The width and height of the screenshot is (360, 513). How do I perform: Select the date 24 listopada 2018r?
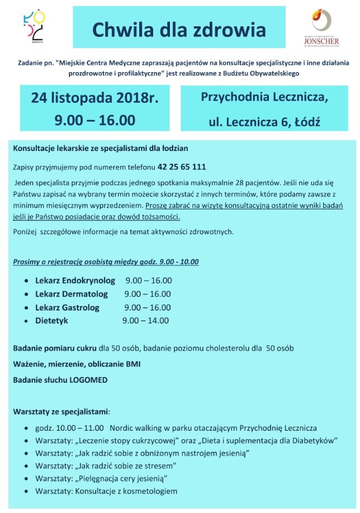coord(95,98)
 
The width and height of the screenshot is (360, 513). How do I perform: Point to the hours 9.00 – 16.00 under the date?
coord(95,120)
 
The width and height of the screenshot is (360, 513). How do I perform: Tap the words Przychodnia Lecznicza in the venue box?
coord(264,97)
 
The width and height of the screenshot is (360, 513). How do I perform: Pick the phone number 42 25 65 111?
coord(182,167)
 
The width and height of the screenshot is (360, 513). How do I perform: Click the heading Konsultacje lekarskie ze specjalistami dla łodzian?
coord(101,148)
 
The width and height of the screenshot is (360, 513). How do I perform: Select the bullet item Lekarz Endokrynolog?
coord(75,280)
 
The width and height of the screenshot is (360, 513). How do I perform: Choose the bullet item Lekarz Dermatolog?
coord(72,294)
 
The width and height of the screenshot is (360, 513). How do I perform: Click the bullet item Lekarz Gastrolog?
coord(67,307)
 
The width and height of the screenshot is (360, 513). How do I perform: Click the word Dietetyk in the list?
coord(51,321)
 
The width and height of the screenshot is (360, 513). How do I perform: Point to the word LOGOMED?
coord(88,380)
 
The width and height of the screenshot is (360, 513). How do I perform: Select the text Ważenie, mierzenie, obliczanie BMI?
coord(77,364)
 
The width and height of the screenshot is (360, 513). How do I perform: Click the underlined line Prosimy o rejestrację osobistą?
coord(106,261)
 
